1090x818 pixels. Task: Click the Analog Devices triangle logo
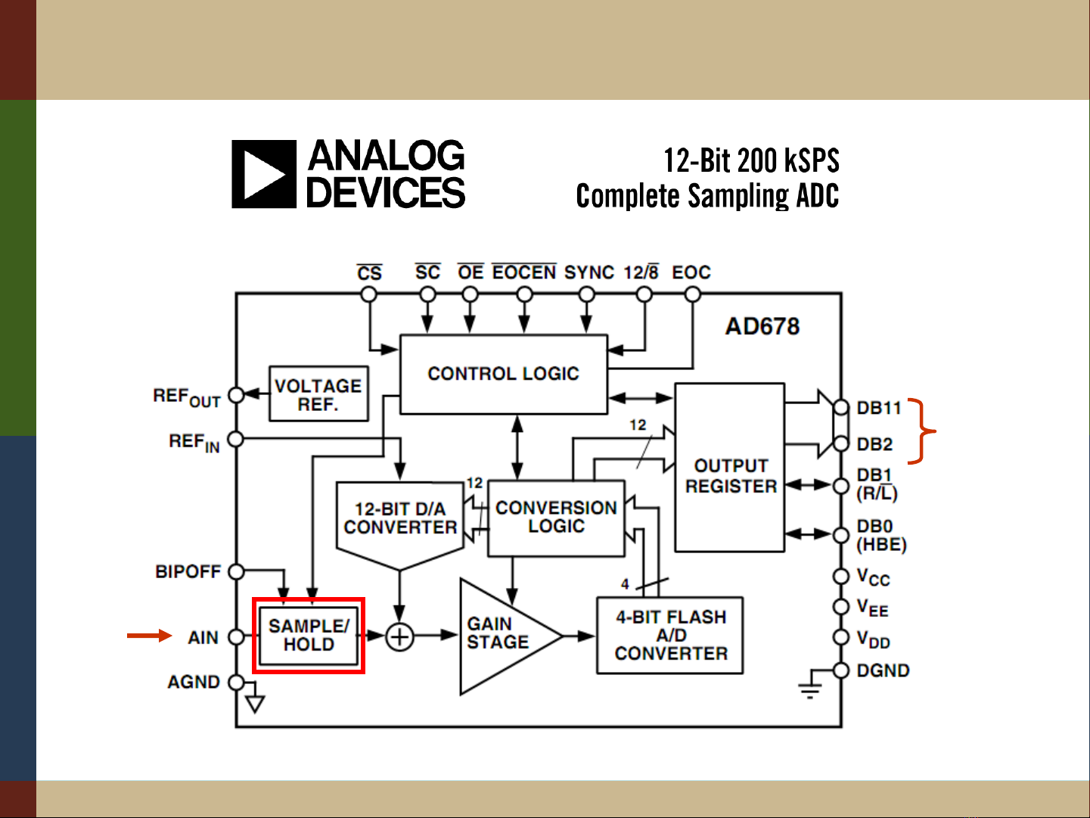pyautogui.click(x=263, y=174)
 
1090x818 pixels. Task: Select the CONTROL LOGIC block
pyautogui.click(x=503, y=374)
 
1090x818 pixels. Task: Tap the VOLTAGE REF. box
pyautogui.click(x=318, y=394)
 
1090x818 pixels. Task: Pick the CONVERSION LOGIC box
pyautogui.click(x=556, y=518)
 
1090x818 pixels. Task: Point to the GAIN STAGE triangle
pyautogui.click(x=499, y=635)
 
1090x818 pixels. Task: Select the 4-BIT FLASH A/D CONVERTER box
pyautogui.click(x=670, y=636)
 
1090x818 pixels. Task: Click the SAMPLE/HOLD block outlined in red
pyautogui.click(x=309, y=636)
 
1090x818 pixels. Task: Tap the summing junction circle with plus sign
pyautogui.click(x=399, y=636)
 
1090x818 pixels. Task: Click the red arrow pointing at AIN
pyautogui.click(x=149, y=636)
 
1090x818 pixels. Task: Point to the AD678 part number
pyautogui.click(x=762, y=327)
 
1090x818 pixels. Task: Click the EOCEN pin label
pyautogui.click(x=524, y=272)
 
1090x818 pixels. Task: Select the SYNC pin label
pyautogui.click(x=588, y=272)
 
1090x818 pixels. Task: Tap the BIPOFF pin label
pyautogui.click(x=188, y=571)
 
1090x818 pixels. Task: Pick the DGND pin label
pyautogui.click(x=883, y=670)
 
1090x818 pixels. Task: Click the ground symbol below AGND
pyautogui.click(x=256, y=704)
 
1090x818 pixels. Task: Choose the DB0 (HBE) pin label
pyautogui.click(x=880, y=535)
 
